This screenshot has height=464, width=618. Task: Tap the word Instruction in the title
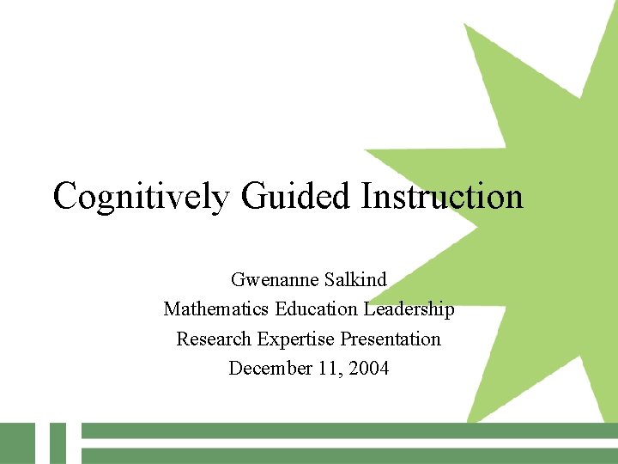click(441, 197)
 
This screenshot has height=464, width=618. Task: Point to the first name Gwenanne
click(275, 280)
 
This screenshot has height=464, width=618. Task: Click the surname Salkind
click(355, 280)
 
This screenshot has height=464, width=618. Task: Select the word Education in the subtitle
click(314, 309)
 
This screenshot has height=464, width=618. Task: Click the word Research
click(213, 339)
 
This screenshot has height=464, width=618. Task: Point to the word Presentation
click(391, 339)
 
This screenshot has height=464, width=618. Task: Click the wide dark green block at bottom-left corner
click(17, 443)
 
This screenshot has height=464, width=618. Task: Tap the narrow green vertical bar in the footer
click(58, 443)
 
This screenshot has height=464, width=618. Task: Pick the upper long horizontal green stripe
click(343, 430)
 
